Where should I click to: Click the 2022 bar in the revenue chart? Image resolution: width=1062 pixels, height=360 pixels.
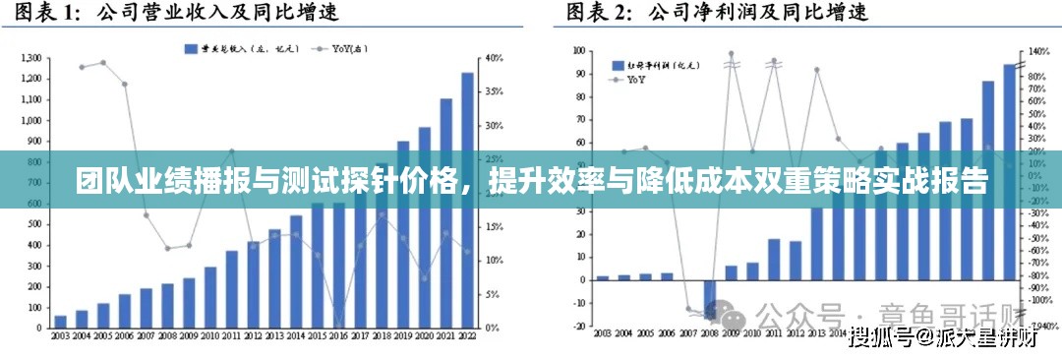[467, 197]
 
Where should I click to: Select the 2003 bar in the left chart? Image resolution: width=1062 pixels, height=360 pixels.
[61, 322]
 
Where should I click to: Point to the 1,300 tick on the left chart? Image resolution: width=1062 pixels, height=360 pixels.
[30, 58]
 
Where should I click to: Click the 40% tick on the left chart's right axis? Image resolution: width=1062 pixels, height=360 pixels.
[495, 58]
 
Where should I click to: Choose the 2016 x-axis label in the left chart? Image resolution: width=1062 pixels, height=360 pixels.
[339, 335]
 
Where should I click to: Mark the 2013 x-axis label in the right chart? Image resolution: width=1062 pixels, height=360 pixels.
[817, 335]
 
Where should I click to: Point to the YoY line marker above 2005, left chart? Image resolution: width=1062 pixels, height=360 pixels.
[103, 62]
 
